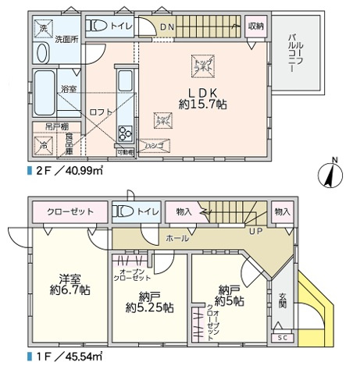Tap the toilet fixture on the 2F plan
(x=97, y=27)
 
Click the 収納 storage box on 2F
(x=255, y=26)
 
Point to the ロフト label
(x=98, y=112)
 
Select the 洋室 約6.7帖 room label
(x=70, y=284)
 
